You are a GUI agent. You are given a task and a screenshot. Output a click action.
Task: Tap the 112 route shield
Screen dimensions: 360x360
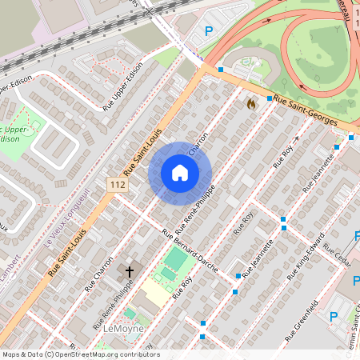click(118, 185)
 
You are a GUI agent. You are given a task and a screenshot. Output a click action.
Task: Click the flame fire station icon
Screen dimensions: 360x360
click(250, 103)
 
